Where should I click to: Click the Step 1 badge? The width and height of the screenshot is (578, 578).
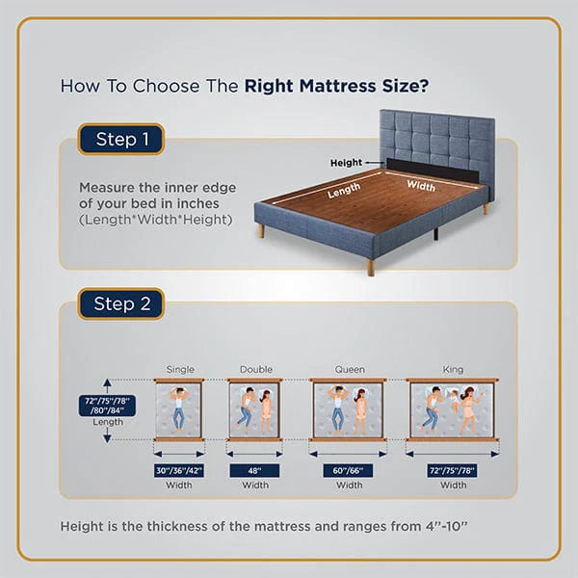click(x=121, y=140)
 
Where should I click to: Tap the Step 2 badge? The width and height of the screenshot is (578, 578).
click(x=121, y=303)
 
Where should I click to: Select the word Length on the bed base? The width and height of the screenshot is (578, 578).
click(x=344, y=192)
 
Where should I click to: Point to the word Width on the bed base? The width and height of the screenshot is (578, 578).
click(x=420, y=184)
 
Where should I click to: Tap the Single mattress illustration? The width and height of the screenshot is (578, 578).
click(x=179, y=409)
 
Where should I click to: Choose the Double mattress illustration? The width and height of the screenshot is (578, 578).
click(x=254, y=409)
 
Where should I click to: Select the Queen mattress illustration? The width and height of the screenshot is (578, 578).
click(x=348, y=409)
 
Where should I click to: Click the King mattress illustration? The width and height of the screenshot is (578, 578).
click(x=453, y=409)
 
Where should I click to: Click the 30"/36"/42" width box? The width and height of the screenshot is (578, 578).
click(x=179, y=470)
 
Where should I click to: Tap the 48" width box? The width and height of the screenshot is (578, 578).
click(x=254, y=470)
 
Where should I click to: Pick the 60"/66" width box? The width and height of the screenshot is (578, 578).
click(x=348, y=470)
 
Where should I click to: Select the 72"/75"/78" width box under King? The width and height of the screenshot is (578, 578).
click(x=453, y=470)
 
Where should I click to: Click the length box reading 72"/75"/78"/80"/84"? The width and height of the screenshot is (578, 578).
click(x=106, y=405)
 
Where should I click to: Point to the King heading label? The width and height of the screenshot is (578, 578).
click(x=453, y=369)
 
